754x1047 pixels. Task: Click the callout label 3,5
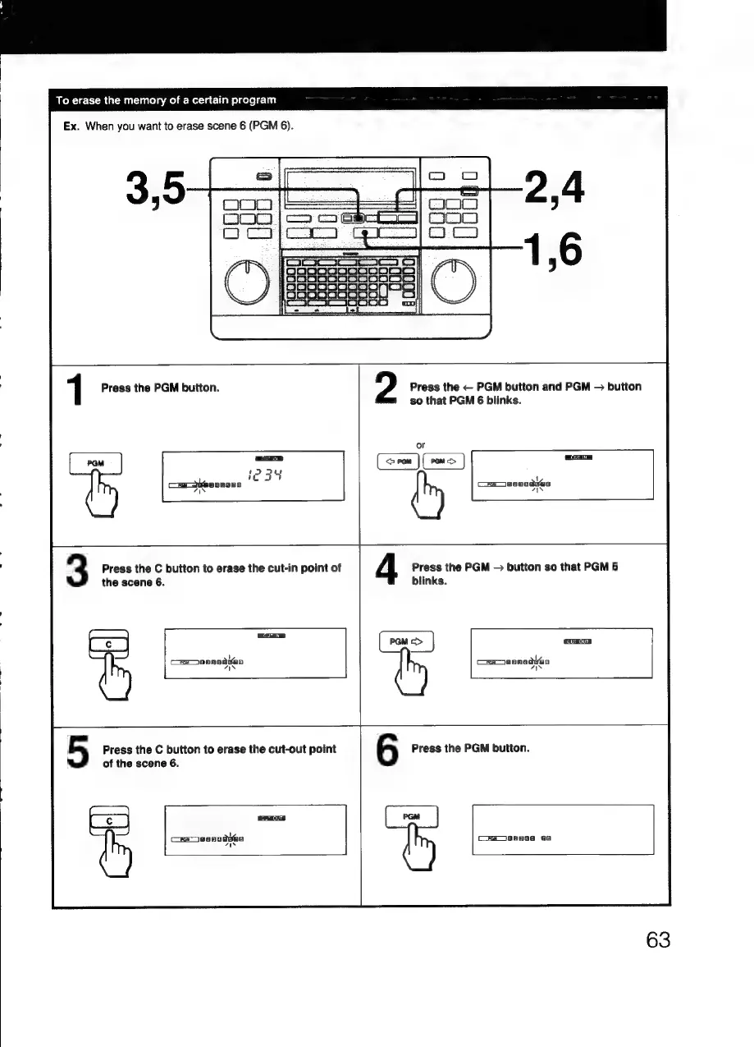point(157,189)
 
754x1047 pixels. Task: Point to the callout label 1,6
point(555,248)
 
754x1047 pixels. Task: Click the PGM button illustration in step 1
point(95,463)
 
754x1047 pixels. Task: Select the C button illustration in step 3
point(108,646)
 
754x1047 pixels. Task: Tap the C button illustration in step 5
point(108,822)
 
